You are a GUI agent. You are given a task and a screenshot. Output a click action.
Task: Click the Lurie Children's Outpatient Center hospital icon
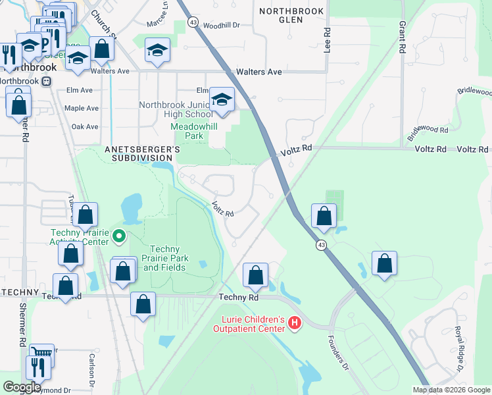click(295, 324)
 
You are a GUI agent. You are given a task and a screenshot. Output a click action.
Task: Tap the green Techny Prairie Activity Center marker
click(119, 235)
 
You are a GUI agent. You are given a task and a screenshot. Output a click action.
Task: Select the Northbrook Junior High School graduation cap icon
click(222, 100)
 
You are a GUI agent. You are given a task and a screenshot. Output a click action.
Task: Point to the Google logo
click(21, 387)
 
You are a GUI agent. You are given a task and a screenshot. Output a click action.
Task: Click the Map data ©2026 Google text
click(451, 390)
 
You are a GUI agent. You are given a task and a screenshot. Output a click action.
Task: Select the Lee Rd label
click(326, 41)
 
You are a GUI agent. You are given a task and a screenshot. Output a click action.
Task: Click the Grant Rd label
click(401, 36)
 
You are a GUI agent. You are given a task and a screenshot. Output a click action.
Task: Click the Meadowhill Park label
click(188, 131)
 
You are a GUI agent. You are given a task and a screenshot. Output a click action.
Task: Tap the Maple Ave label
click(82, 108)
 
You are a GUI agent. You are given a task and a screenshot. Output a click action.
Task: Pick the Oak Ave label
click(84, 126)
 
